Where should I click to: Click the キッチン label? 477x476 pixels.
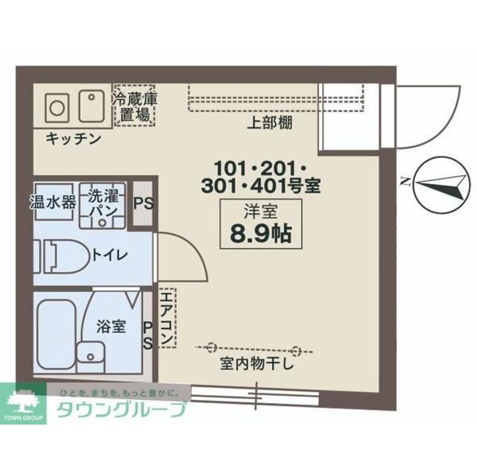[73, 139]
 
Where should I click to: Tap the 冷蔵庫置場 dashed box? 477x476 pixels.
[134, 107]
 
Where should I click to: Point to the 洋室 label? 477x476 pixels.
[260, 210]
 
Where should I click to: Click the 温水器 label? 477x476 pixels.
[51, 201]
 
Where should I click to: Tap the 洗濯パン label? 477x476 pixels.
[102, 201]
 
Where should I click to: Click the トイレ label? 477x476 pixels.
[110, 254]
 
